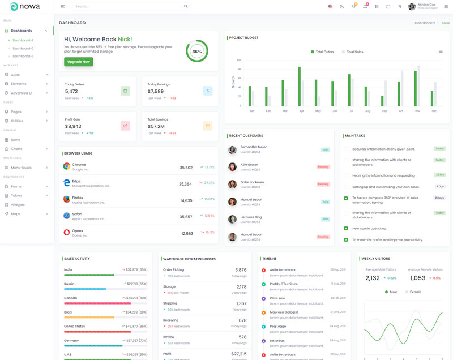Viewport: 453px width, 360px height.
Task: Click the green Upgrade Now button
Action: pos(79,62)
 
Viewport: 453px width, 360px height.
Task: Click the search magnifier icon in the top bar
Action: pos(186,7)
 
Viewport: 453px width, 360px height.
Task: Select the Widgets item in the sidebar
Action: pos(18,204)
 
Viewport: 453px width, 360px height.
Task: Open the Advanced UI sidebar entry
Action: pos(22,93)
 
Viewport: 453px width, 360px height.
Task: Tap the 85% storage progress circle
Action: pos(196,52)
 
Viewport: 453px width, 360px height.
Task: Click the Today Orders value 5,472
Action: pos(71,91)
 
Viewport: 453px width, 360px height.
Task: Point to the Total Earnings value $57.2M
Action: pos(156,126)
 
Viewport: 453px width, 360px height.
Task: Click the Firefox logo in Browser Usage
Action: pos(66,199)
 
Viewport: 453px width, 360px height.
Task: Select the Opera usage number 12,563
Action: pos(187,233)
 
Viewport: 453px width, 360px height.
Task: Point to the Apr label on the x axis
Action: pos(301,111)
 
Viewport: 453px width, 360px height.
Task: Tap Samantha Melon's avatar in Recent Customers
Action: pos(232,150)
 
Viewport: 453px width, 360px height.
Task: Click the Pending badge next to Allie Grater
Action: pos(323,167)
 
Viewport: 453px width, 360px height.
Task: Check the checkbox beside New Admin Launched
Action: pos(346,228)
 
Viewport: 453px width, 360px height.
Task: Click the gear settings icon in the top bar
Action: pos(446,7)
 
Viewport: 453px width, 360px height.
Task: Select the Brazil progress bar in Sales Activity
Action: pos(105,317)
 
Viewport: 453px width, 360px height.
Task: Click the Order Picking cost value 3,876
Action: pos(241,270)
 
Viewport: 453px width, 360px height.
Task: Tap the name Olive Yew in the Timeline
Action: pos(277,298)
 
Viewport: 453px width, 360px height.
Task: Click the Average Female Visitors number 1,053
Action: pos(417,278)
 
